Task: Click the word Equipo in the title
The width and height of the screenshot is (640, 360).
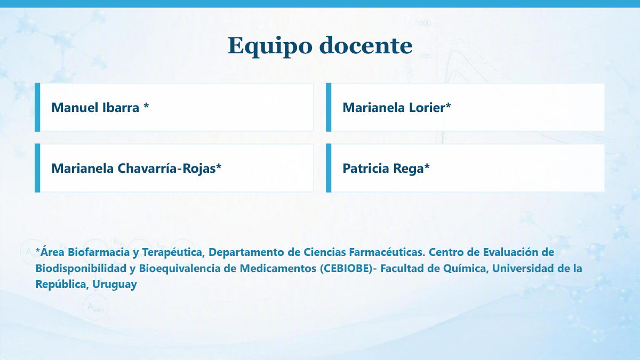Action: coord(270,46)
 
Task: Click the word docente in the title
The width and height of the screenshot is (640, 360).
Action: coord(366,45)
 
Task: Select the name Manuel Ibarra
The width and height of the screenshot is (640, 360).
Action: coord(95,107)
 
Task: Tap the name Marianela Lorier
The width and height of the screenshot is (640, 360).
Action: coord(394,107)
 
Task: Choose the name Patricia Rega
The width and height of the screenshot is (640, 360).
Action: coord(383,169)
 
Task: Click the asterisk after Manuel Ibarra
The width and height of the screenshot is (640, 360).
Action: coord(146,106)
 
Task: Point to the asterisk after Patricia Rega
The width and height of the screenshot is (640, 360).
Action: coord(427,166)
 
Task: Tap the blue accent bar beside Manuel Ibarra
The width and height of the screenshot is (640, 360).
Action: coord(37,107)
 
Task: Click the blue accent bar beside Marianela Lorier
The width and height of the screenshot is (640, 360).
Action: coord(329,107)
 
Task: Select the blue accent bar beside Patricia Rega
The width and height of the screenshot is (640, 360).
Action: coord(329,168)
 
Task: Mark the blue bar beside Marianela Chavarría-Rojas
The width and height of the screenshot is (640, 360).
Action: coord(37,168)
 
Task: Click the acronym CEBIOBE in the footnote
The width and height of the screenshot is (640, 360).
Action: coord(346,268)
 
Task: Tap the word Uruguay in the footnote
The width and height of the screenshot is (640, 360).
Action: coord(115,284)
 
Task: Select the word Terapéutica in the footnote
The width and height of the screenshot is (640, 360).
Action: coord(173,253)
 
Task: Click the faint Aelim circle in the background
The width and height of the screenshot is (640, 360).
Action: coord(95,307)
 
